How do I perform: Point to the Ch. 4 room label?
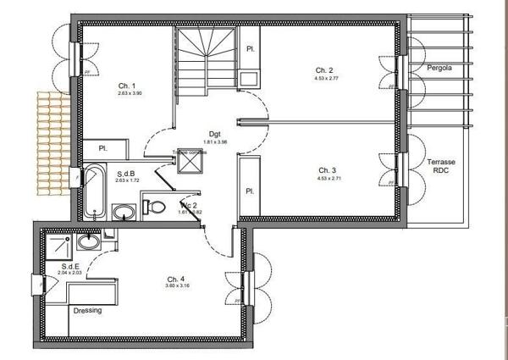175,279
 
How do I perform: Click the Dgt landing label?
215,134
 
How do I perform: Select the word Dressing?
87,310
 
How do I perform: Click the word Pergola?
439,68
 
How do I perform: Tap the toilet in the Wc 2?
156,207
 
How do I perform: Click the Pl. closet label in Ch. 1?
102,148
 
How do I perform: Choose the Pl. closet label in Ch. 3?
251,191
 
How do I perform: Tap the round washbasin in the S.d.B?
124,210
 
